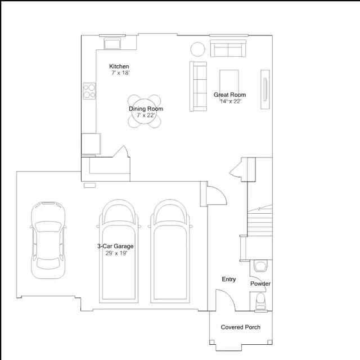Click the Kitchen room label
click(x=119, y=66)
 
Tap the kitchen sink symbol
click(x=112, y=43)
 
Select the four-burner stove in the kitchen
click(x=89, y=91)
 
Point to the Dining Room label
click(x=146, y=109)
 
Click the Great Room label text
click(x=229, y=94)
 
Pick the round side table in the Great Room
click(x=197, y=49)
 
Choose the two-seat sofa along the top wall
click(x=228, y=48)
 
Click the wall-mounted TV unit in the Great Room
click(x=265, y=89)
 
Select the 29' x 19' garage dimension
click(x=116, y=253)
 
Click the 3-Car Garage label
click(x=115, y=246)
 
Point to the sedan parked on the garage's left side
click(x=48, y=240)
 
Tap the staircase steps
click(x=260, y=220)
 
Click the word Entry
click(x=229, y=279)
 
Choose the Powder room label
click(x=260, y=283)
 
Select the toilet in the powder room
click(x=261, y=301)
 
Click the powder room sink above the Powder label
click(x=260, y=265)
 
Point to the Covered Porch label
click(x=241, y=327)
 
